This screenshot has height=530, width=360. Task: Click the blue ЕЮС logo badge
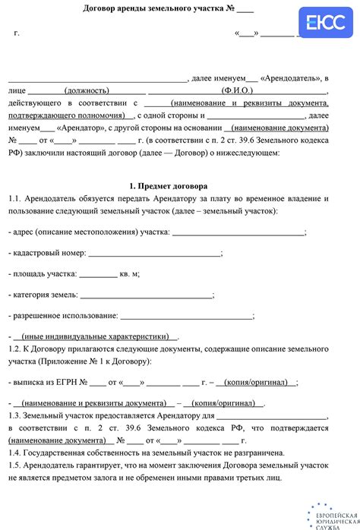(x=321, y=24)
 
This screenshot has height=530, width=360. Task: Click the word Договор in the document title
(x=102, y=10)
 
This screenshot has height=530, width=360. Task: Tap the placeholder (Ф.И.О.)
(x=238, y=89)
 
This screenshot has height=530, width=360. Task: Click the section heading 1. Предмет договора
(x=169, y=186)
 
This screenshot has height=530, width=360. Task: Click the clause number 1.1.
(x=17, y=198)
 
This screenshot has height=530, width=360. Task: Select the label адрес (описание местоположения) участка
(x=90, y=232)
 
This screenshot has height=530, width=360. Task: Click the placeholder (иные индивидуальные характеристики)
(x=95, y=336)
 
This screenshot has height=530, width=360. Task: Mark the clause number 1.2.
(x=17, y=348)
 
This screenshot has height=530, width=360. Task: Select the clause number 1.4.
(x=17, y=452)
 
